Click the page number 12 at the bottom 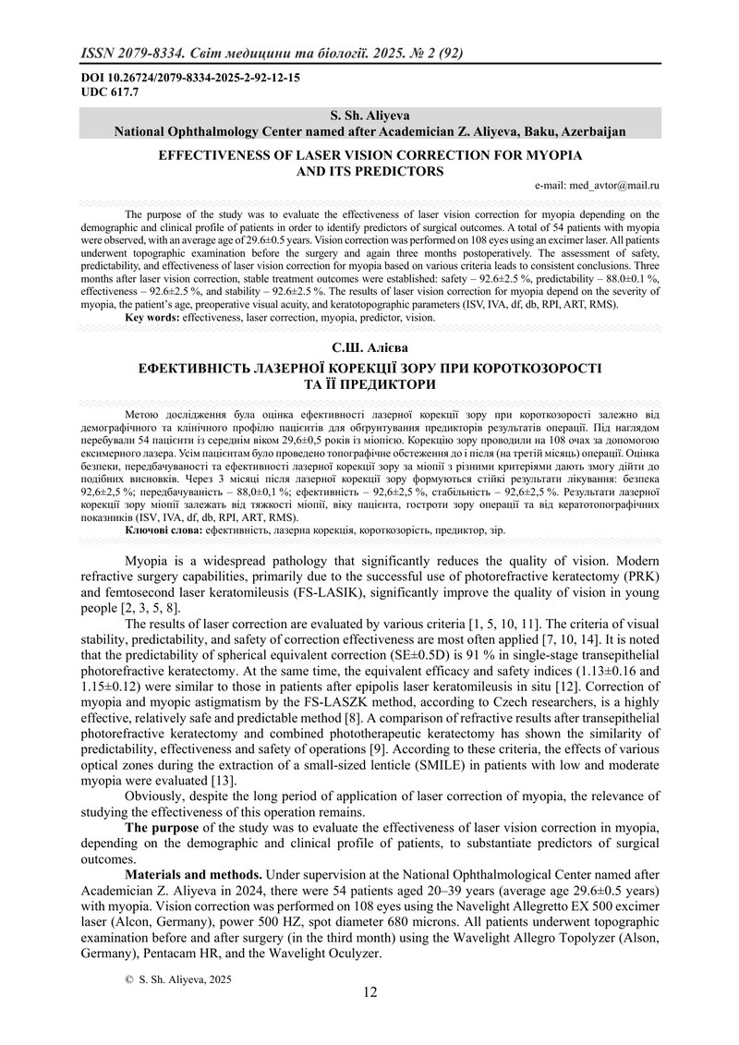point(369,992)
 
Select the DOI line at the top point(189,79)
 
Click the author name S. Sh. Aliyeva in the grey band point(369,116)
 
